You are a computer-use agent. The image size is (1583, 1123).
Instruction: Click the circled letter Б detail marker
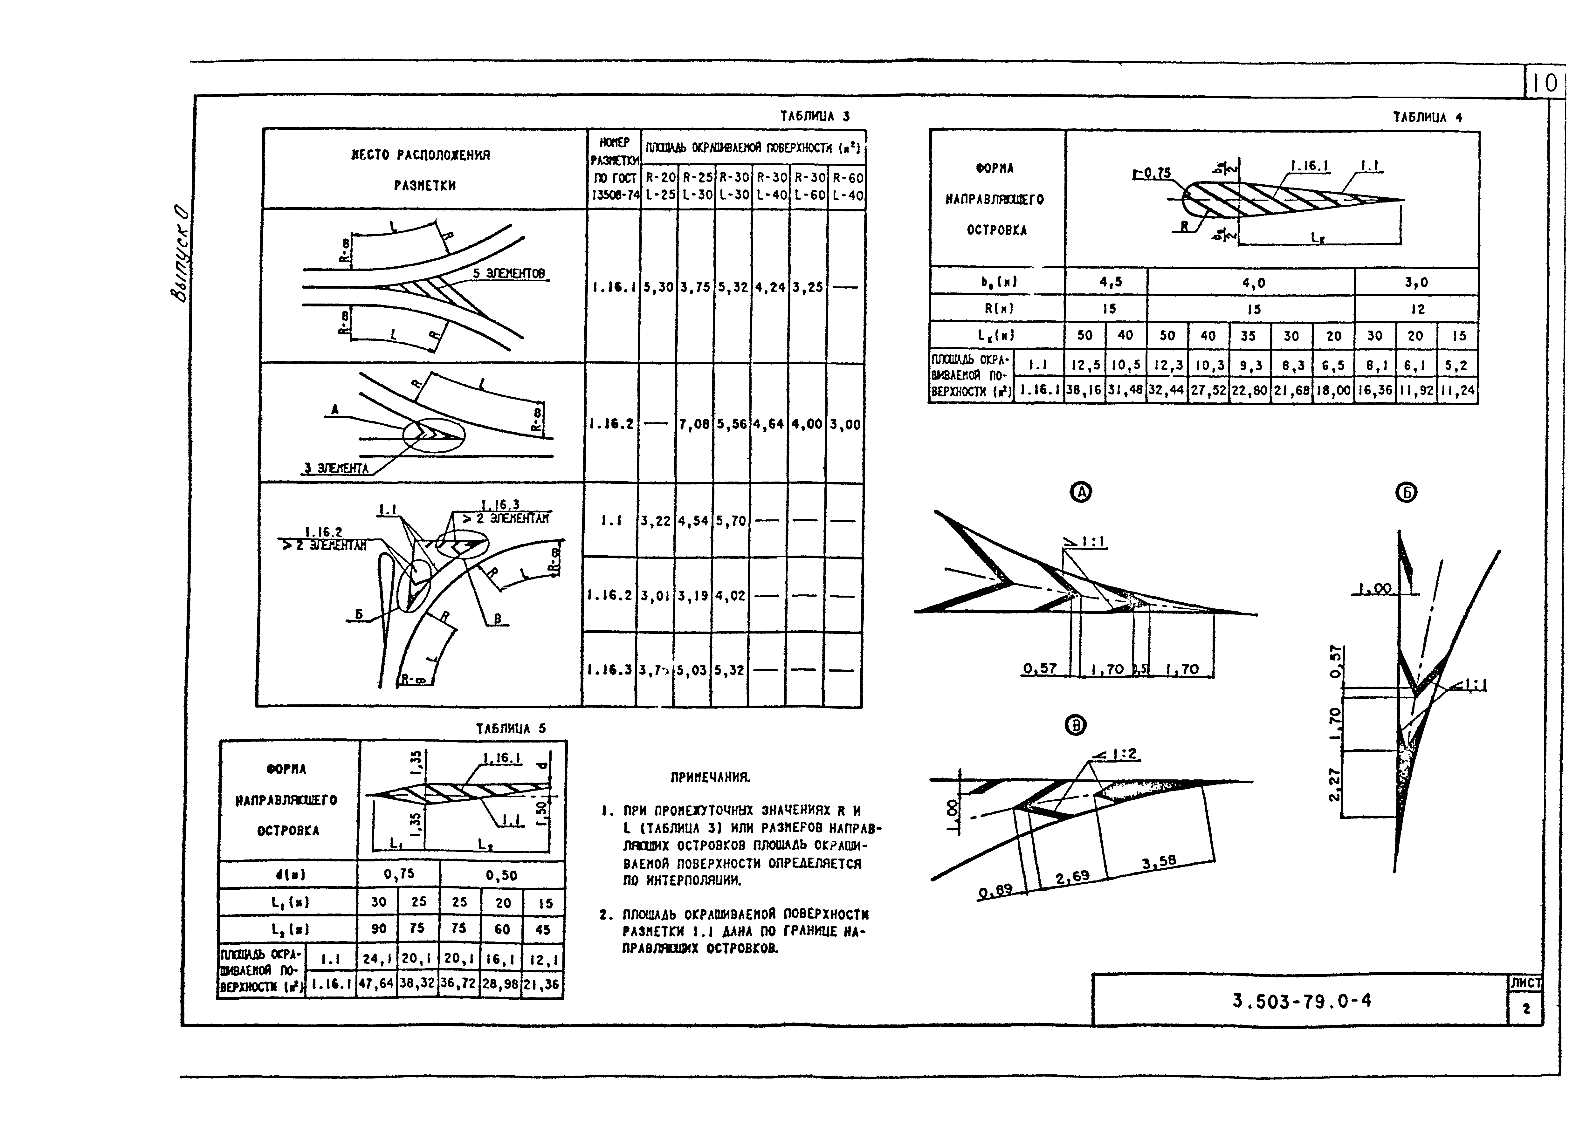coord(1407,492)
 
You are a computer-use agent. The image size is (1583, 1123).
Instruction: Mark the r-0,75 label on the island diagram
coord(1152,173)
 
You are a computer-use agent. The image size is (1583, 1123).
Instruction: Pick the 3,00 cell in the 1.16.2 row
coord(846,424)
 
